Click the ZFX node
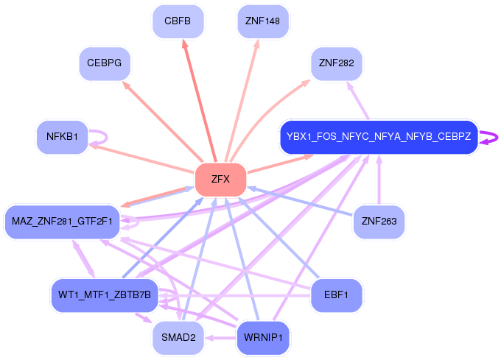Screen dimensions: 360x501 (220, 179)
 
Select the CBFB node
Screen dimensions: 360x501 (178, 21)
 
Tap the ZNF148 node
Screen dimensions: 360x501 (262, 21)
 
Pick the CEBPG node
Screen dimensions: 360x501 (104, 63)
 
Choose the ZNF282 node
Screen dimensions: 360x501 (336, 63)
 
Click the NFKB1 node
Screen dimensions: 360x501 (62, 136)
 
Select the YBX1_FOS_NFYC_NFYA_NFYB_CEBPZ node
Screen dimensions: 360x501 (379, 136)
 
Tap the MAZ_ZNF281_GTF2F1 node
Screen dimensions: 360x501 (62, 221)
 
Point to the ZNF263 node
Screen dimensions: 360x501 (379, 221)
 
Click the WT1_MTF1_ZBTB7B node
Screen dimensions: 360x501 (104, 294)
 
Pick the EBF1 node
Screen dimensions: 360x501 (336, 294)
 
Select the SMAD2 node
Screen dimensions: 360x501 (178, 338)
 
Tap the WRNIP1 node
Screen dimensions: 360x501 (262, 338)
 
